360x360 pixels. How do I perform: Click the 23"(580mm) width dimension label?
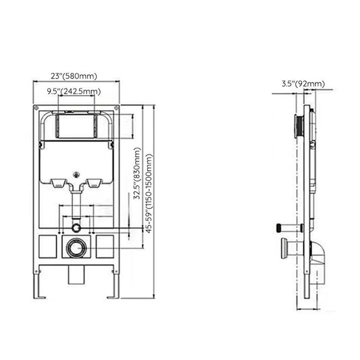click(x=74, y=76)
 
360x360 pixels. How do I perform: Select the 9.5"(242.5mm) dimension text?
click(x=74, y=91)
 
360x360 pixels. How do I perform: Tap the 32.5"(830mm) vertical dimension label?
click(x=137, y=173)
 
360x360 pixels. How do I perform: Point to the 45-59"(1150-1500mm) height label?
click(x=149, y=193)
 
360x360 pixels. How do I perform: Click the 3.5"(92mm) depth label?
click(x=303, y=84)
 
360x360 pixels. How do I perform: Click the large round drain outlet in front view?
click(x=76, y=248)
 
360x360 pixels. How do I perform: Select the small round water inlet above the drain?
click(x=76, y=228)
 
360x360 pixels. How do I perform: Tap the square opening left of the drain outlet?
click(x=48, y=247)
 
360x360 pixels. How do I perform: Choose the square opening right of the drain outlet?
click(x=105, y=247)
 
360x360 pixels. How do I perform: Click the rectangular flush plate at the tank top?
click(x=76, y=126)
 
